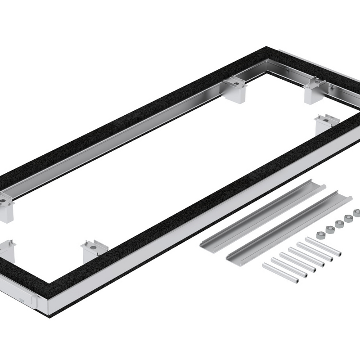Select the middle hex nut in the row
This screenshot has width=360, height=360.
coord(338,223)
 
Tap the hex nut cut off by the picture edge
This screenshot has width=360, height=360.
coord(357,213)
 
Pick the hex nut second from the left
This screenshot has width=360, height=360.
coord(329,229)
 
